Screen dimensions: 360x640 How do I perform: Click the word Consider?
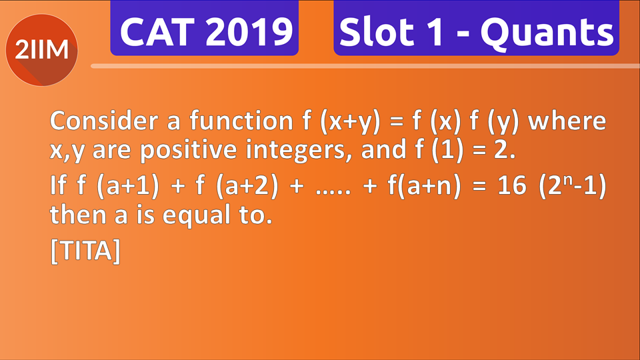point(100,121)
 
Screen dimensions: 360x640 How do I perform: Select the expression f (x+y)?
point(331,121)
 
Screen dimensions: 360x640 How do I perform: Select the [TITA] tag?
point(85,252)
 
